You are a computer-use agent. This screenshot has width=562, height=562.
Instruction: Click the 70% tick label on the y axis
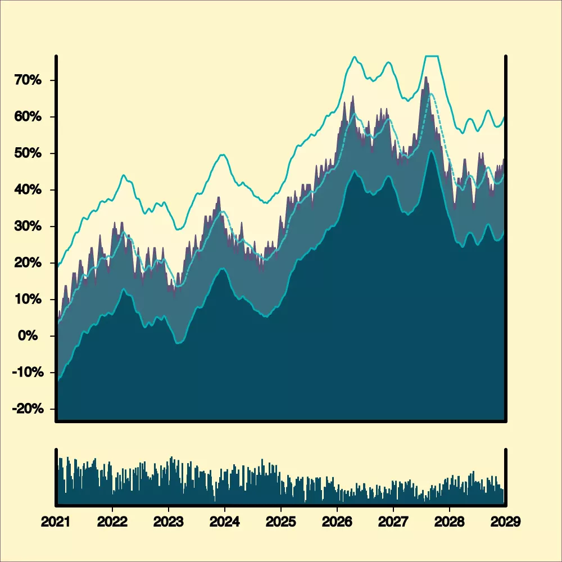tap(28, 80)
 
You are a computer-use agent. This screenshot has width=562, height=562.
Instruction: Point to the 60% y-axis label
tap(28, 117)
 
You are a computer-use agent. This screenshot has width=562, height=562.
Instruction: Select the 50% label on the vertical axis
tap(28, 153)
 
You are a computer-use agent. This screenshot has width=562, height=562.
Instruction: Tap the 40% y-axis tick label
tap(28, 190)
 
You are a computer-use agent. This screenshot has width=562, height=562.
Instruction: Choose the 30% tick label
tap(28, 226)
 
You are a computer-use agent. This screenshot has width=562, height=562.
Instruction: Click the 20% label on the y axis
tap(28, 263)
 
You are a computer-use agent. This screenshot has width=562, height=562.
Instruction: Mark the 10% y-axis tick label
tap(28, 300)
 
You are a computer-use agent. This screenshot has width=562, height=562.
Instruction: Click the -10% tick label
tap(26, 373)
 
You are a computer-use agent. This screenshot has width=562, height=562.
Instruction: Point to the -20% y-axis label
tap(26, 409)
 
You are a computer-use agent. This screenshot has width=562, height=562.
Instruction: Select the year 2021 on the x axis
tap(56, 522)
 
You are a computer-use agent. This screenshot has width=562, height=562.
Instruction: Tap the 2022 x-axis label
tap(112, 522)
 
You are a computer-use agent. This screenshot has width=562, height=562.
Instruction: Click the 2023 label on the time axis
tap(169, 522)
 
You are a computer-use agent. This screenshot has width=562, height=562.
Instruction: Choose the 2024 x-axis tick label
tap(225, 522)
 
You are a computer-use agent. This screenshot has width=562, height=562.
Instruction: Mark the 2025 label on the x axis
tap(281, 522)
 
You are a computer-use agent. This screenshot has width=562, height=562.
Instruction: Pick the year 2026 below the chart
tap(337, 522)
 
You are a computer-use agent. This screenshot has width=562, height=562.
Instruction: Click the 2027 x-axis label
tap(393, 522)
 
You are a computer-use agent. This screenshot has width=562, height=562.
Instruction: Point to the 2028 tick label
tap(450, 522)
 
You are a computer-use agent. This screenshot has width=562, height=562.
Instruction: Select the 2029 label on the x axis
tap(505, 522)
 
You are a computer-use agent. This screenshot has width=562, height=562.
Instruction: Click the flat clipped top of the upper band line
tap(432, 56)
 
